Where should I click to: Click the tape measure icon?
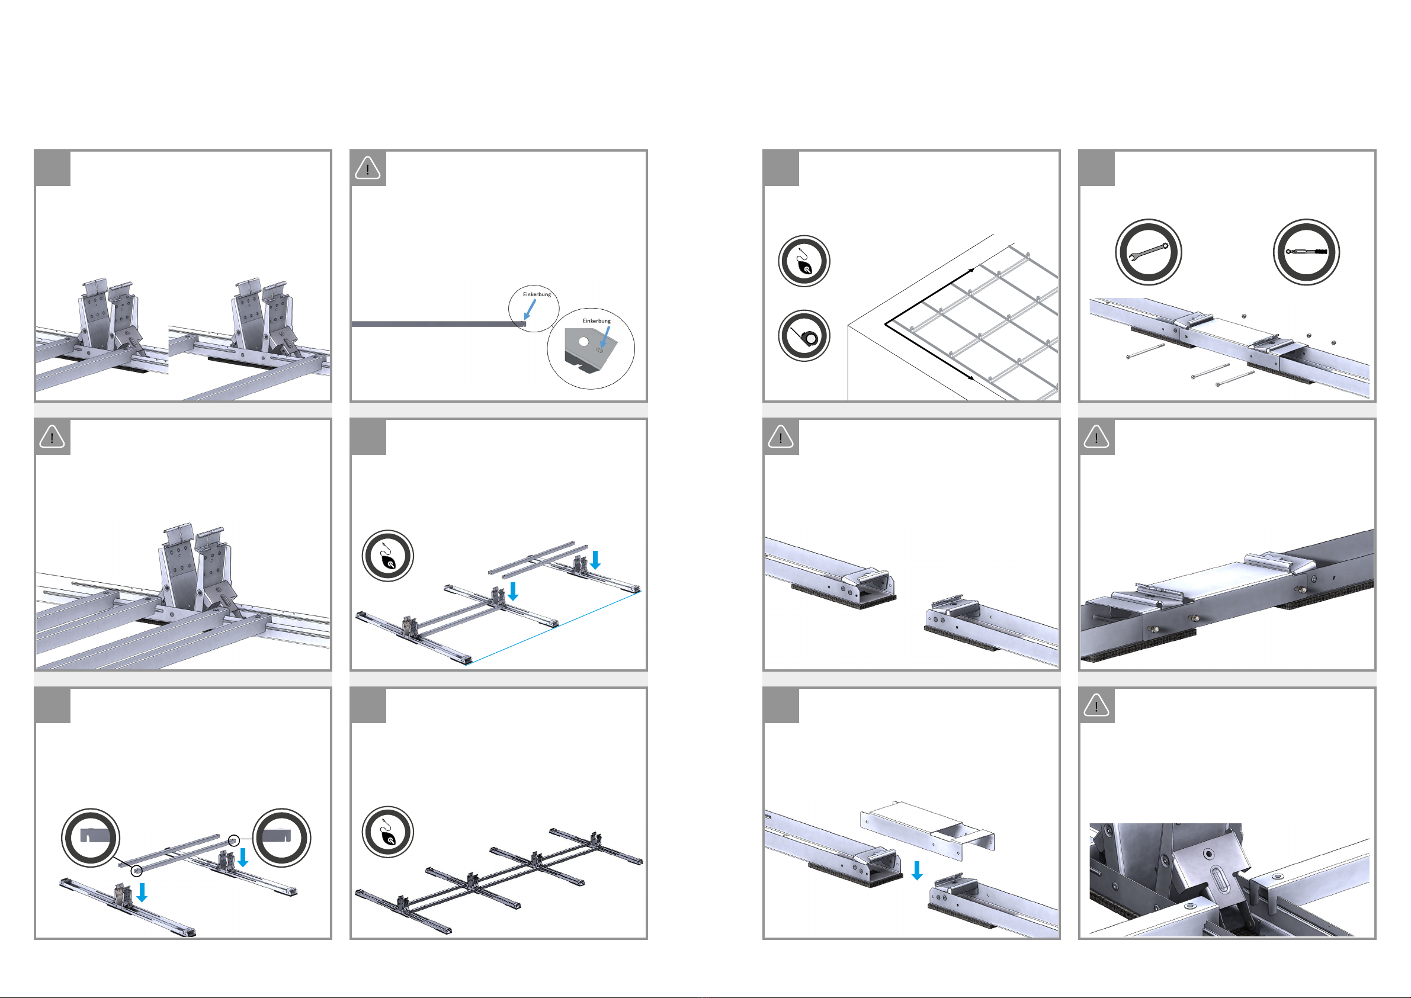804,336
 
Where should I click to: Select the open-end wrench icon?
1148,252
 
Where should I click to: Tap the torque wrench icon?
1306,252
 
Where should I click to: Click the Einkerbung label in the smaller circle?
537,294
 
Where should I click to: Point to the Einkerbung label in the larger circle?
597,321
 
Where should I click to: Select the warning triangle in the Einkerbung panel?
367,168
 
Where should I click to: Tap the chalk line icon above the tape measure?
804,261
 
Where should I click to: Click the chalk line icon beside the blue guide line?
387,556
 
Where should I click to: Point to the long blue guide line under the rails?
554,627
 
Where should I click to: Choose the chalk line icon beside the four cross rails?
387,832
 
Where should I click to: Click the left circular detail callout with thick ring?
91,837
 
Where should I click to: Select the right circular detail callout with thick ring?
282,837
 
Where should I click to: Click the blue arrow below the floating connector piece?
917,870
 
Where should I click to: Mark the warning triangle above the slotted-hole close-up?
1096,705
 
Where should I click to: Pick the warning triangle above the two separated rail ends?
781,437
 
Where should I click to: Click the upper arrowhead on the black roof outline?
971,269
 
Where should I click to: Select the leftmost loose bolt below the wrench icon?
1146,351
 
